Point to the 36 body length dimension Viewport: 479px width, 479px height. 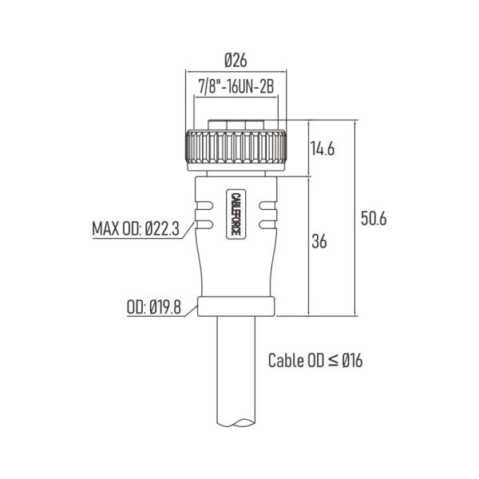[x=319, y=240]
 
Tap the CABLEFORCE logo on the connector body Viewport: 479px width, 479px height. [x=235, y=213]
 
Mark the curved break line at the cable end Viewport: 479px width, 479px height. [x=235, y=427]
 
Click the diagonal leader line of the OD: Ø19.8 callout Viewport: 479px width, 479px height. [x=192, y=310]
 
